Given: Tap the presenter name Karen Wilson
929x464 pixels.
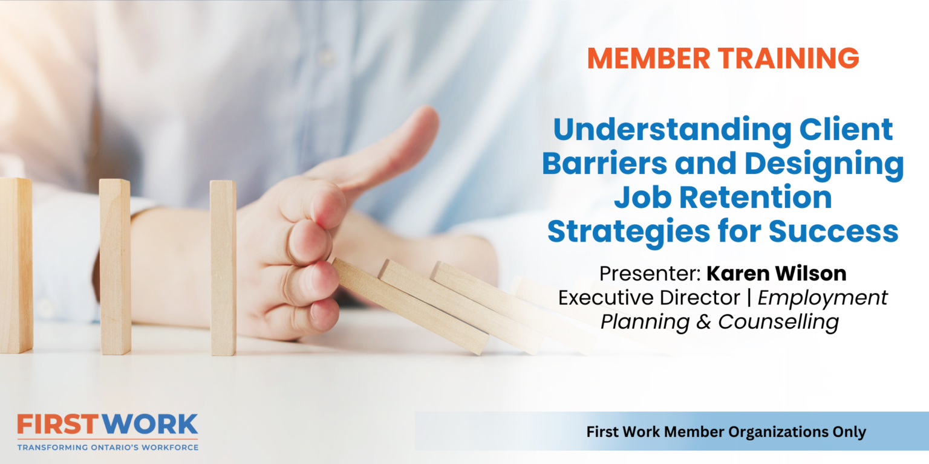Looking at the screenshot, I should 777,273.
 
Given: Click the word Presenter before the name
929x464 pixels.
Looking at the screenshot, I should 648,273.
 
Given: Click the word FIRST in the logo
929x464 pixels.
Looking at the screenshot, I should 59,425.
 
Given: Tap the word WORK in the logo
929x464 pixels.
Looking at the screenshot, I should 151,425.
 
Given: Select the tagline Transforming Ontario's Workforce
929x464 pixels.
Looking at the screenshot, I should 108,447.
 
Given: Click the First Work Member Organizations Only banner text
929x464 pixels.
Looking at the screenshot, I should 726,432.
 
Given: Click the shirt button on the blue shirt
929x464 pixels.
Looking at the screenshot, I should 327,57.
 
